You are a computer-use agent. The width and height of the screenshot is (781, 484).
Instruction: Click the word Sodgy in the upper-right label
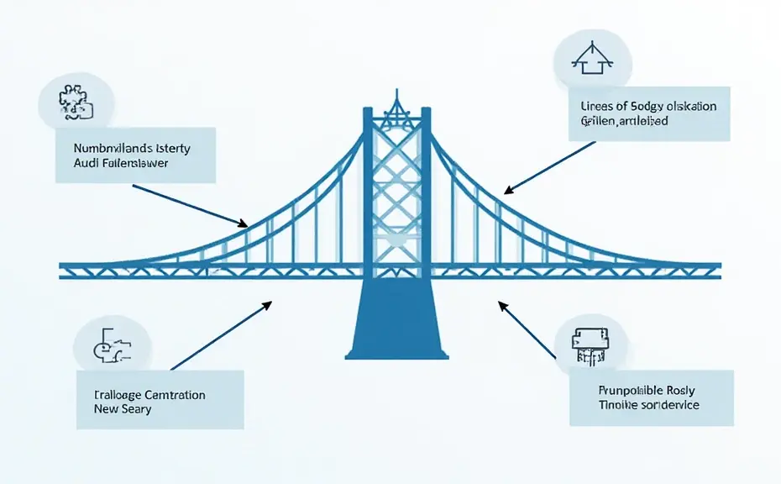point(655,107)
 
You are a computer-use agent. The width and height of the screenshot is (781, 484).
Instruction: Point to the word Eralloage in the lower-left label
point(118,394)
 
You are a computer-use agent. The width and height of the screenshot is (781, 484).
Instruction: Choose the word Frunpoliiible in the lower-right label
point(628,390)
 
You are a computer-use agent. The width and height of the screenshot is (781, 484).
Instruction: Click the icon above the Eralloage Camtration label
point(112,344)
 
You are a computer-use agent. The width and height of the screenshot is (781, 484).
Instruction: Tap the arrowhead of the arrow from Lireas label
point(506,190)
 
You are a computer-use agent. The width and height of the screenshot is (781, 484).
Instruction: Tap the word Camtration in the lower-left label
point(175,394)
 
